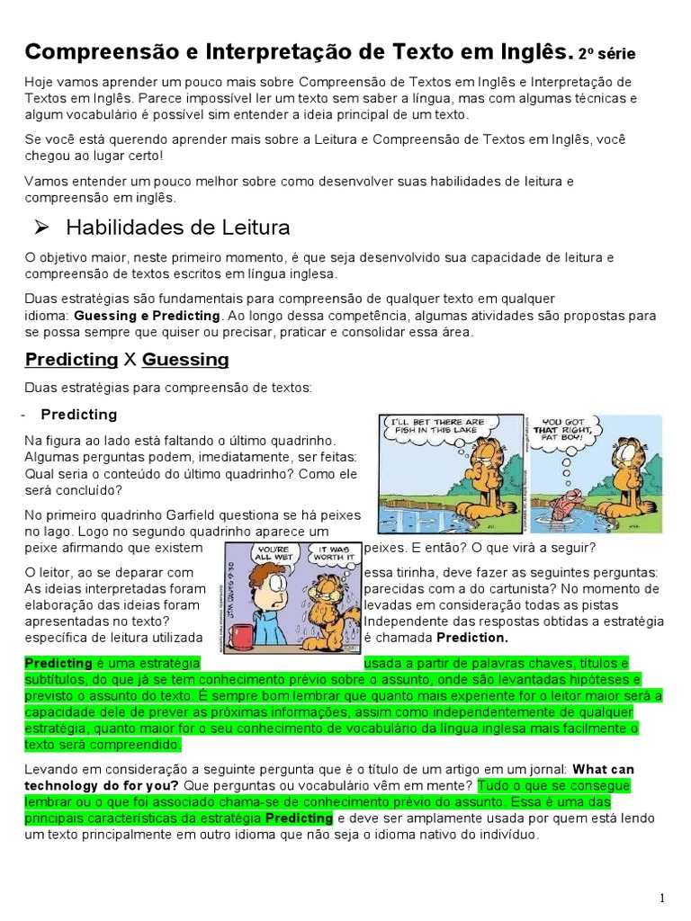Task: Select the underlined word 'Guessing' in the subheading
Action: pos(185,360)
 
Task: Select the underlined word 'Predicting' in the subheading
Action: pos(71,360)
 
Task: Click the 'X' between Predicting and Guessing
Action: pos(130,360)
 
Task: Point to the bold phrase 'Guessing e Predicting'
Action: pos(147,316)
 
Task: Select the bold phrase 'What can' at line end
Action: pos(603,769)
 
